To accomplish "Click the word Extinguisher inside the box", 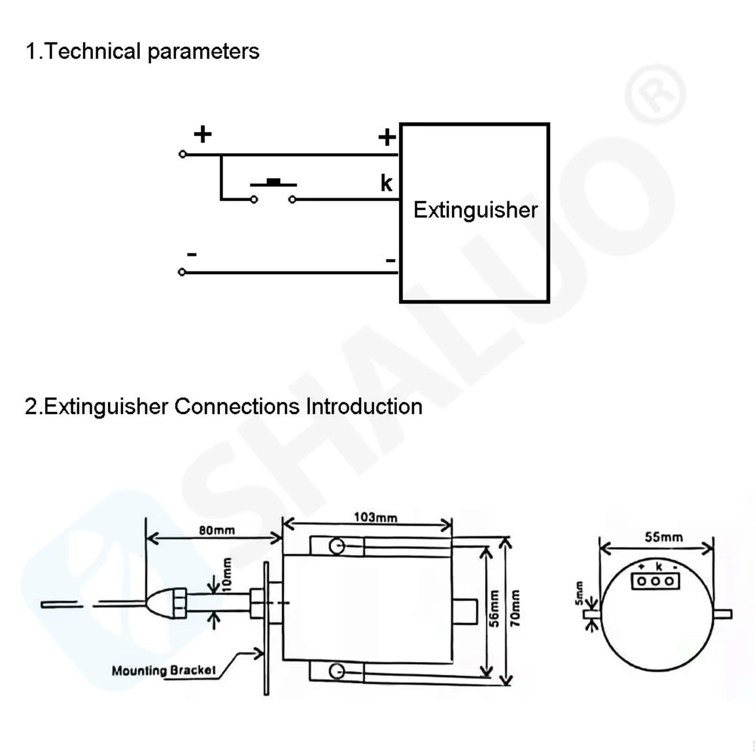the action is [475, 210].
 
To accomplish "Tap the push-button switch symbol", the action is [273, 191].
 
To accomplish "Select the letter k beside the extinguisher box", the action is [386, 183].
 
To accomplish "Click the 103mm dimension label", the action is [376, 517].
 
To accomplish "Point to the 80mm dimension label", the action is [217, 530].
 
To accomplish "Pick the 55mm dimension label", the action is [663, 537].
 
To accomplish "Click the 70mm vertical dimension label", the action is [515, 608].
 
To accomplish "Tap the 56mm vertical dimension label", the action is [494, 609].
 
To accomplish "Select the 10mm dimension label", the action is [227, 574].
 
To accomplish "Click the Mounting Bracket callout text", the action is [163, 670].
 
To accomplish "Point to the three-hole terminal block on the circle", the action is [655, 581].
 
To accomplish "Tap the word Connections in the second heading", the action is [237, 406].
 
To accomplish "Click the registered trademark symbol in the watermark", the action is [655, 94].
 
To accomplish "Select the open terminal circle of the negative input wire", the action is [182, 272].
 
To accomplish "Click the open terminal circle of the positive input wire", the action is [182, 155].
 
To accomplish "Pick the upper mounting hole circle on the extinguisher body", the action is [337, 546].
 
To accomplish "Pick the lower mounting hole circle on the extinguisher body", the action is [336, 671].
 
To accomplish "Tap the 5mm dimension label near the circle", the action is [579, 593].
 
